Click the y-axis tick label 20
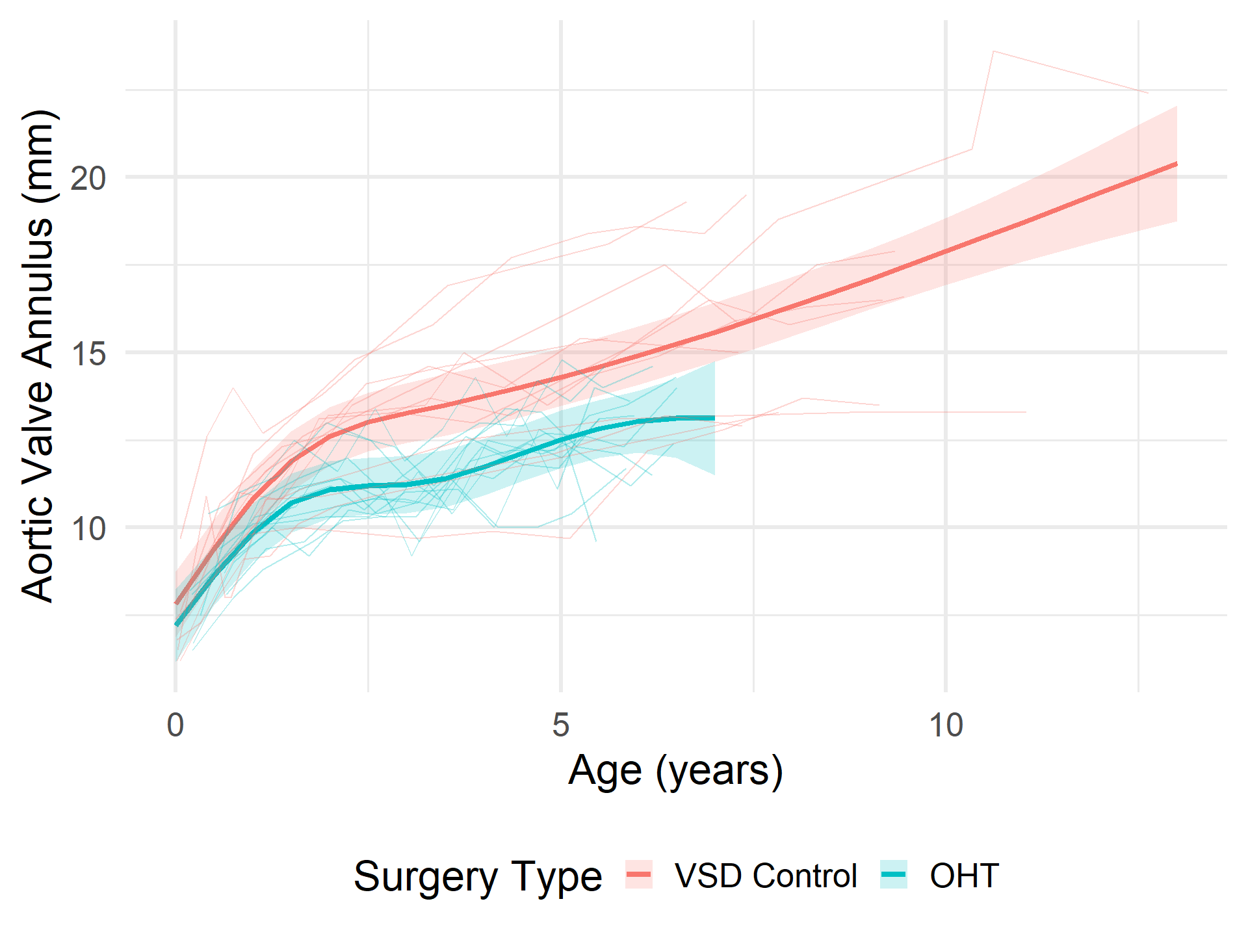(x=88, y=178)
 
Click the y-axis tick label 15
(x=88, y=354)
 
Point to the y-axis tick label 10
(x=88, y=529)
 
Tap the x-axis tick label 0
(x=175, y=725)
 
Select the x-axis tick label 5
(x=560, y=725)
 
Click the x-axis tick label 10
(x=945, y=725)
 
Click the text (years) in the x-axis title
(x=719, y=772)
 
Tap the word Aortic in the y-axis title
(x=37, y=546)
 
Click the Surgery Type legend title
(x=478, y=876)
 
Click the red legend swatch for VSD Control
(x=639, y=875)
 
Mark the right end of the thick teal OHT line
(x=714, y=418)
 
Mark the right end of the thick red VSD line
(x=1176, y=164)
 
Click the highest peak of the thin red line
(x=994, y=51)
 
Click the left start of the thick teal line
(x=176, y=625)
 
